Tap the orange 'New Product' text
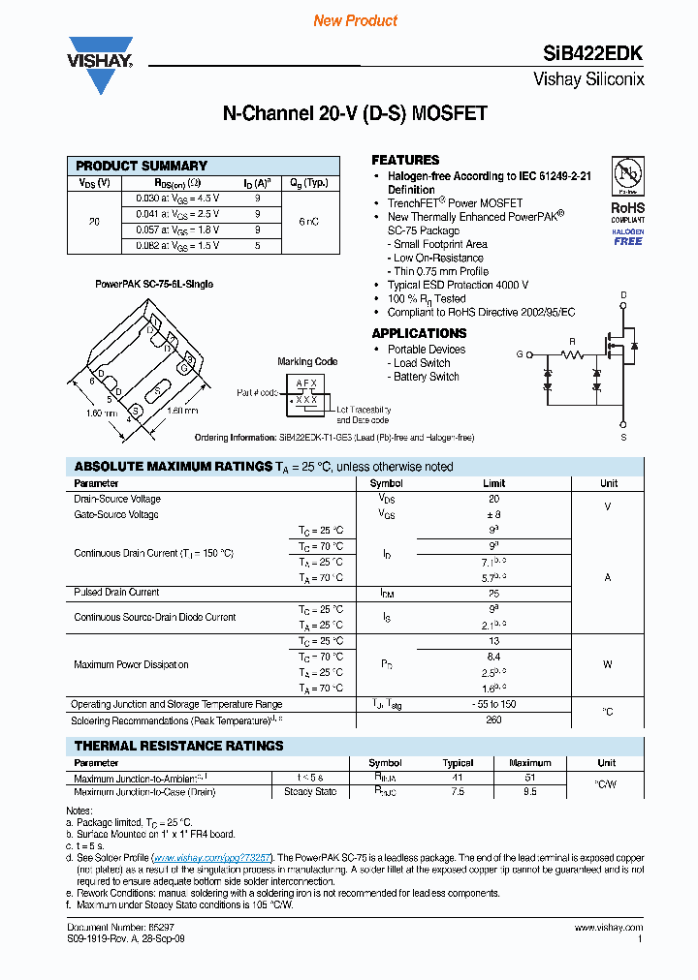pyautogui.click(x=355, y=20)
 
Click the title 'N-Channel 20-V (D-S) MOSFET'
pyautogui.click(x=355, y=114)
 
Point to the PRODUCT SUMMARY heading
pyautogui.click(x=142, y=166)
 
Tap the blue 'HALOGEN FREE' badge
pyautogui.click(x=627, y=237)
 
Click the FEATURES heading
pyautogui.click(x=405, y=160)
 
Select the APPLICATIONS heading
pyautogui.click(x=419, y=333)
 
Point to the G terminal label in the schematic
pyautogui.click(x=520, y=354)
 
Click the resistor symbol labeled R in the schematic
pyautogui.click(x=572, y=354)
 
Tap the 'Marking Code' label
pyautogui.click(x=307, y=361)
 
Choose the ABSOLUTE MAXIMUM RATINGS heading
pyautogui.click(x=173, y=467)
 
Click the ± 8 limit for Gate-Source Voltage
pyautogui.click(x=493, y=515)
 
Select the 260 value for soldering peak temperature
pyautogui.click(x=493, y=720)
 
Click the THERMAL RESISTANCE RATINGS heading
pyautogui.click(x=178, y=746)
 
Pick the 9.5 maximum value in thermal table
pyautogui.click(x=529, y=792)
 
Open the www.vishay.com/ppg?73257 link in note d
pyautogui.click(x=211, y=858)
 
